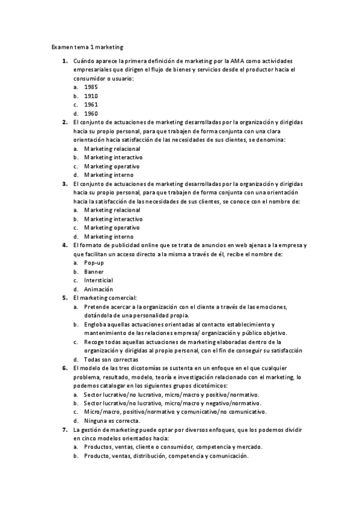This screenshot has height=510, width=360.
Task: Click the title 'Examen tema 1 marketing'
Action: (87, 46)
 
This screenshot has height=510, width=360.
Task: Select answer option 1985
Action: (91, 87)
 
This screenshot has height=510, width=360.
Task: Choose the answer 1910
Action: (91, 96)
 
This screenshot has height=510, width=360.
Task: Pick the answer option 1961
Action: (91, 104)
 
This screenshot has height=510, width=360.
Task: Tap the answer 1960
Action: (91, 113)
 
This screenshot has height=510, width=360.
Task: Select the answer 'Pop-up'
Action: (94, 263)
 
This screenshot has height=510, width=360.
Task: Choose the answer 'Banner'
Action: (94, 272)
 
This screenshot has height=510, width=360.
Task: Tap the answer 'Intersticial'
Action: (99, 280)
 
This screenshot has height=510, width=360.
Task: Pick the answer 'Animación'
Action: (99, 289)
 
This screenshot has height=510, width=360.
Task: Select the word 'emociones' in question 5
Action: (270, 307)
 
